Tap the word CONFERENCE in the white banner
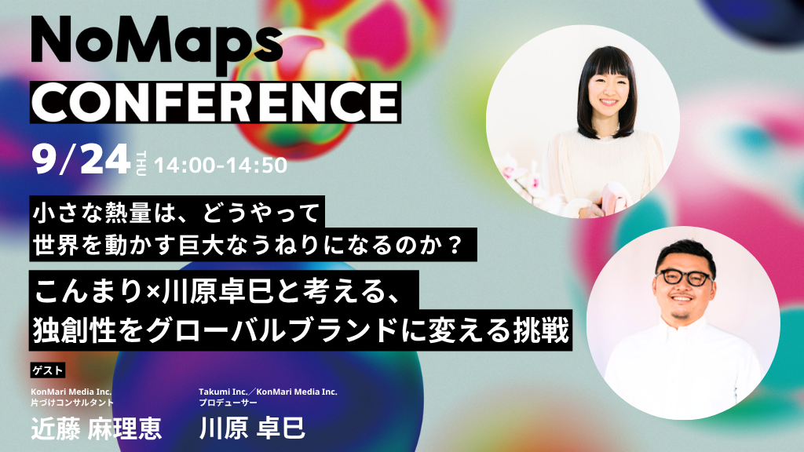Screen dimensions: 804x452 point(215,102)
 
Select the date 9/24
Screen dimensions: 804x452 point(81,159)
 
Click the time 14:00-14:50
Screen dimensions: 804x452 point(221,165)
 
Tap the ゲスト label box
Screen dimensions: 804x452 point(48,370)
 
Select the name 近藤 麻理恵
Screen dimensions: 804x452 point(97,428)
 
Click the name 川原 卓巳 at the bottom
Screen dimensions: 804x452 point(252,428)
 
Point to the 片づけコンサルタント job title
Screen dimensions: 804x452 point(71,403)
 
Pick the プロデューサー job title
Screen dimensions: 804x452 point(228,403)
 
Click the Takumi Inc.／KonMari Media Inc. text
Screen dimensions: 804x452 point(269,392)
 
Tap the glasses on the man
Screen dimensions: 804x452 point(684,277)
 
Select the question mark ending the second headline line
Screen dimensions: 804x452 point(455,245)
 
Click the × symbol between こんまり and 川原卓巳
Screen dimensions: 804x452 point(151,292)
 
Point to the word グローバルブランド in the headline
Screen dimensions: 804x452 point(272,330)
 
